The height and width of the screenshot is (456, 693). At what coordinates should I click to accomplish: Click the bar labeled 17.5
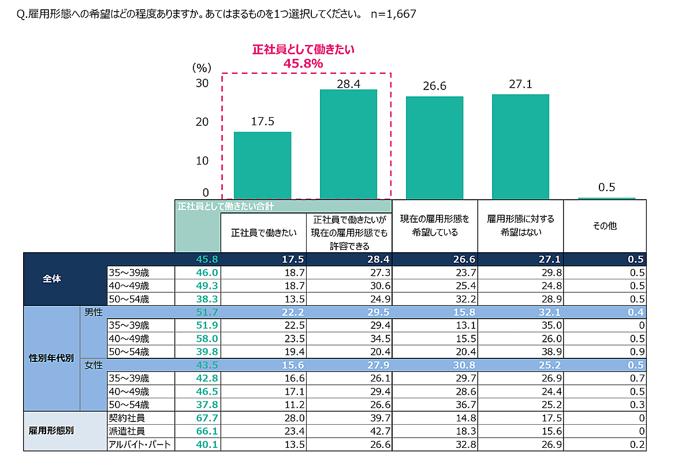[262, 165]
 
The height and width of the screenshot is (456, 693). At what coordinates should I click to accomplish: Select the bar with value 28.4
[348, 144]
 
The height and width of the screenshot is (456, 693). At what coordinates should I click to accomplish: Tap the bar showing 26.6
[434, 148]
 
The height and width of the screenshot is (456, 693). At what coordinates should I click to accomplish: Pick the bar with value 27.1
[520, 147]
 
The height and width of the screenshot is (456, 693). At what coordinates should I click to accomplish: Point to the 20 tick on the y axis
[202, 122]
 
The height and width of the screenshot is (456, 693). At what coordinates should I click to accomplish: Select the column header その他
[604, 226]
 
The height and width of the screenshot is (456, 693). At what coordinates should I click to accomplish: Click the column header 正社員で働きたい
[264, 233]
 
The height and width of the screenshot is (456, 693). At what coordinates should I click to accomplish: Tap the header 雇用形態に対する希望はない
[520, 226]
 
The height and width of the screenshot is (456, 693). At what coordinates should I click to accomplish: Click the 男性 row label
[92, 312]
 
